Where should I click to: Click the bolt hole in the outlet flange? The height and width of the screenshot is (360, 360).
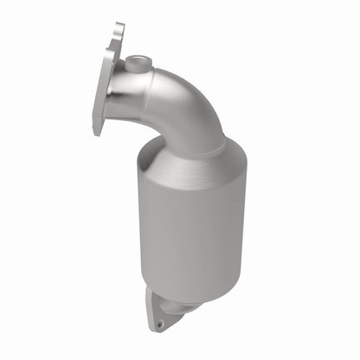coord(158,324)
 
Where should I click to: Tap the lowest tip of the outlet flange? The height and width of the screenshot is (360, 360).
coord(157,331)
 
